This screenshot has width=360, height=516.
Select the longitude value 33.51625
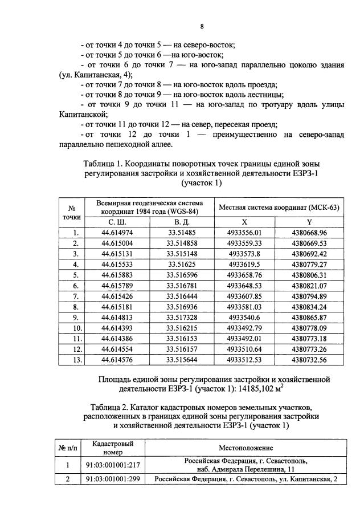point(182,265)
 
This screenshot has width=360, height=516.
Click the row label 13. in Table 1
point(75,360)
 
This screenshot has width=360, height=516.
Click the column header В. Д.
point(182,222)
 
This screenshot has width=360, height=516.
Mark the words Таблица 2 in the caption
point(112,407)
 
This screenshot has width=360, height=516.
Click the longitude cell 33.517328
point(182,318)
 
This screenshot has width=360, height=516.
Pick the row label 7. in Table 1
point(75,296)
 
